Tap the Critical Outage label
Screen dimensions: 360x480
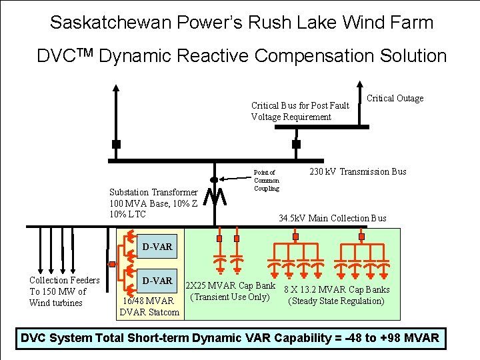395,99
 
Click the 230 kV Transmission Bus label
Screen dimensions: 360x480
358,171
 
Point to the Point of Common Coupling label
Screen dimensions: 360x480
267,180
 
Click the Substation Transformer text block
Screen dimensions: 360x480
153,203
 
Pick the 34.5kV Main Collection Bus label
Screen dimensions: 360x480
332,218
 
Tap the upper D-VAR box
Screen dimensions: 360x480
157,247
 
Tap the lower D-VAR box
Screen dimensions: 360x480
157,281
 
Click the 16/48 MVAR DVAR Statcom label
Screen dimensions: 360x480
149,306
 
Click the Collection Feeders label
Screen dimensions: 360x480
64,291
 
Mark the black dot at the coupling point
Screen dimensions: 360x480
214,179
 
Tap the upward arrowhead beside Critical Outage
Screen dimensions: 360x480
360,87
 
